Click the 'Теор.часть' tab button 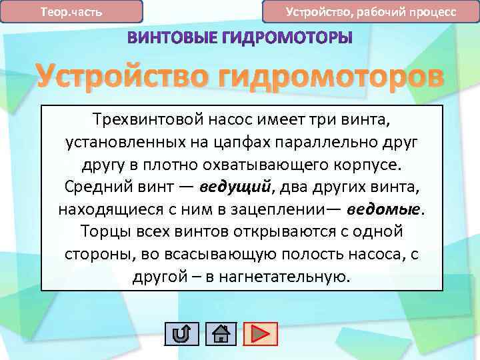pyautogui.click(x=72, y=12)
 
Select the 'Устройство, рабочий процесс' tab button pyautogui.click(x=371, y=12)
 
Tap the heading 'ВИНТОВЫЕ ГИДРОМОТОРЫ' pyautogui.click(x=239, y=38)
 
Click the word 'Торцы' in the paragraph pyautogui.click(x=105, y=231)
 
